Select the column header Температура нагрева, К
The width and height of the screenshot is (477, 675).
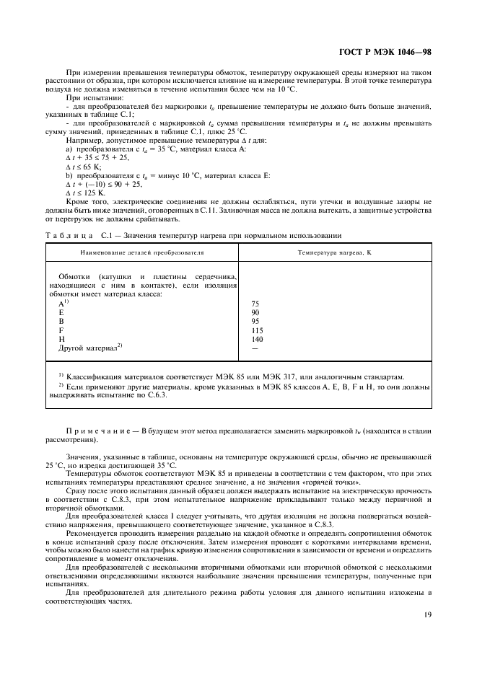tap(334, 253)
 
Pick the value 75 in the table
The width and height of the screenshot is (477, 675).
tap(255, 304)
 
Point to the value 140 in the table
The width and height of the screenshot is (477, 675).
tap(257, 339)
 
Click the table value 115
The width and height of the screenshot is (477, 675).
tap(257, 330)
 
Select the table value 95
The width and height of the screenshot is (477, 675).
tap(255, 322)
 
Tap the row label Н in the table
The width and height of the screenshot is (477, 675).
tap(61, 339)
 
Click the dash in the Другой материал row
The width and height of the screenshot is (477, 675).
tap(255, 348)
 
